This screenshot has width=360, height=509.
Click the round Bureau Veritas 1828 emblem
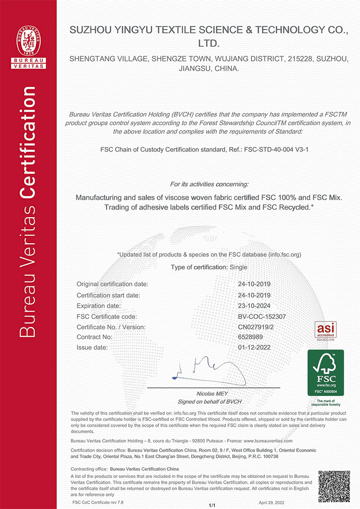(x=29, y=40)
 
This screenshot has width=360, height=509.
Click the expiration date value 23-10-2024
(x=254, y=306)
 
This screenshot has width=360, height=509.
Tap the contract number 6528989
(x=250, y=337)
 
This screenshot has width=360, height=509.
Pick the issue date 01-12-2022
(x=254, y=348)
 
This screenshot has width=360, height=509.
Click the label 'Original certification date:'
(x=112, y=284)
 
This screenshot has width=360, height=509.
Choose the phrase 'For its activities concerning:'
(x=209, y=184)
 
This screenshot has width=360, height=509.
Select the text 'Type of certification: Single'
(x=209, y=267)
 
